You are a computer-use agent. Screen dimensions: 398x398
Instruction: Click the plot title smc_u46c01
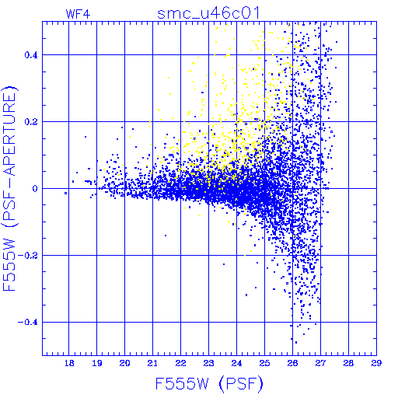(208, 13)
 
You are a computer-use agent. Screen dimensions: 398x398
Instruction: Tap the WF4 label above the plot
(79, 14)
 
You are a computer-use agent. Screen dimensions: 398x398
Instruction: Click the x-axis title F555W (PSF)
(209, 384)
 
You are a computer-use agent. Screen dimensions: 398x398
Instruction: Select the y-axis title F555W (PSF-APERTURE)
(9, 189)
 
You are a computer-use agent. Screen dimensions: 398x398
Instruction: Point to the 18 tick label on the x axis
(69, 363)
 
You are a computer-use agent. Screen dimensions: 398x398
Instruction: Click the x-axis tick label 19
(97, 363)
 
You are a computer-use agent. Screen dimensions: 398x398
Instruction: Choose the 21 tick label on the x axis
(152, 363)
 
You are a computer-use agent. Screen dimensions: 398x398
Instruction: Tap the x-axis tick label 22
(180, 363)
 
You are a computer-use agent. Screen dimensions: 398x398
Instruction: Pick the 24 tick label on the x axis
(236, 363)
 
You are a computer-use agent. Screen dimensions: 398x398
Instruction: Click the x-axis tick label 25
(264, 363)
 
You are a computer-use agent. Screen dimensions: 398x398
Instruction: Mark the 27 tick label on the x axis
(320, 363)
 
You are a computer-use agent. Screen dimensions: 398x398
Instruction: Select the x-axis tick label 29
(376, 363)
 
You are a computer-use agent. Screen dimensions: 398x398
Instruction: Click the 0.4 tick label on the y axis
(31, 55)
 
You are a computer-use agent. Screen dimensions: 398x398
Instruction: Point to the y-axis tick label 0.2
(31, 122)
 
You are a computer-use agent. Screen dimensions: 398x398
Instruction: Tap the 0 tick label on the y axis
(35, 189)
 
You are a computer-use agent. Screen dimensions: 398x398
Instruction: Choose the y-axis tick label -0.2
(28, 256)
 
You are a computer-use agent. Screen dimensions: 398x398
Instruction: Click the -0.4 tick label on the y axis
(28, 323)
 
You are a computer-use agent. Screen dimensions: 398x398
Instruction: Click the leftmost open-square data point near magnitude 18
(66, 193)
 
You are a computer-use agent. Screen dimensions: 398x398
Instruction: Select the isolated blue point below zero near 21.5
(166, 236)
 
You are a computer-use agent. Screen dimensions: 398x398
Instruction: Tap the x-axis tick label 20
(124, 363)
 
